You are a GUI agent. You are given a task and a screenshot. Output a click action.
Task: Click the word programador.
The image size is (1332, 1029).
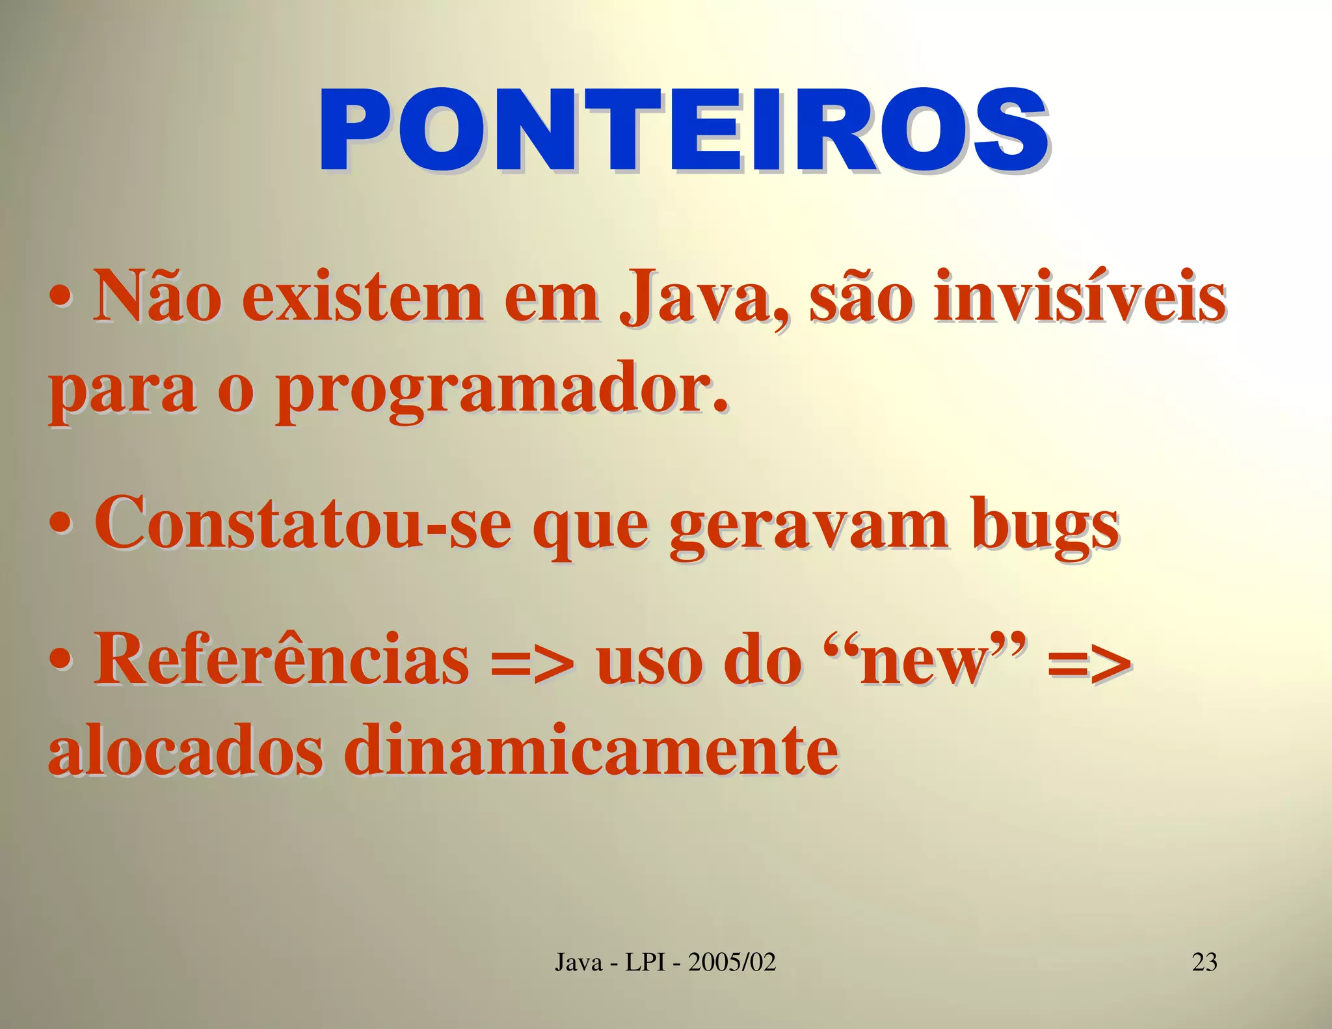coord(501,390)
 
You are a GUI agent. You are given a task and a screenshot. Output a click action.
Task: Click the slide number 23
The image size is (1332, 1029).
coord(1204,961)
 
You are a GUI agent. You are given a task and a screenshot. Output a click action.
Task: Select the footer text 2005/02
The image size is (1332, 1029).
coord(732,961)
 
